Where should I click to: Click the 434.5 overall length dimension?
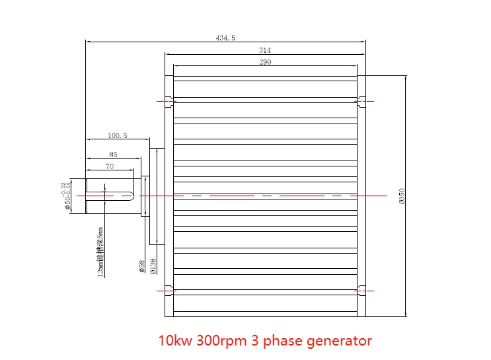[225, 38]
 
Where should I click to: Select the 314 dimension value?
[265, 50]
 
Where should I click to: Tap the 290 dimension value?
[265, 62]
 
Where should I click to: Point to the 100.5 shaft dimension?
[117, 135]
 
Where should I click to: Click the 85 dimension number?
[113, 155]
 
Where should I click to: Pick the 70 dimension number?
[109, 166]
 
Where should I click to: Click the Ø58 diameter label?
[141, 266]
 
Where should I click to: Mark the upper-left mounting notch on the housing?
[169, 101]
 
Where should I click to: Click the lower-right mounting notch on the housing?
[361, 290]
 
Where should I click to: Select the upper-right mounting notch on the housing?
[361, 101]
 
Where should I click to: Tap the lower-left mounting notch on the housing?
[169, 290]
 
